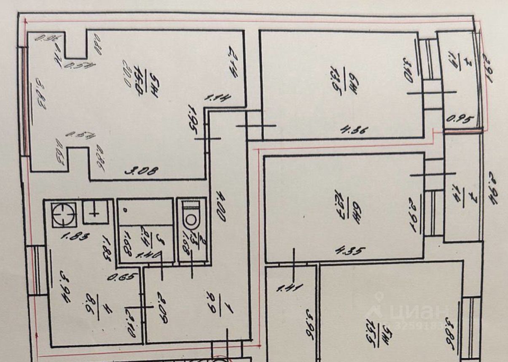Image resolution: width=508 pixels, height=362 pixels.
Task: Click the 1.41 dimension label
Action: coord(286,289)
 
